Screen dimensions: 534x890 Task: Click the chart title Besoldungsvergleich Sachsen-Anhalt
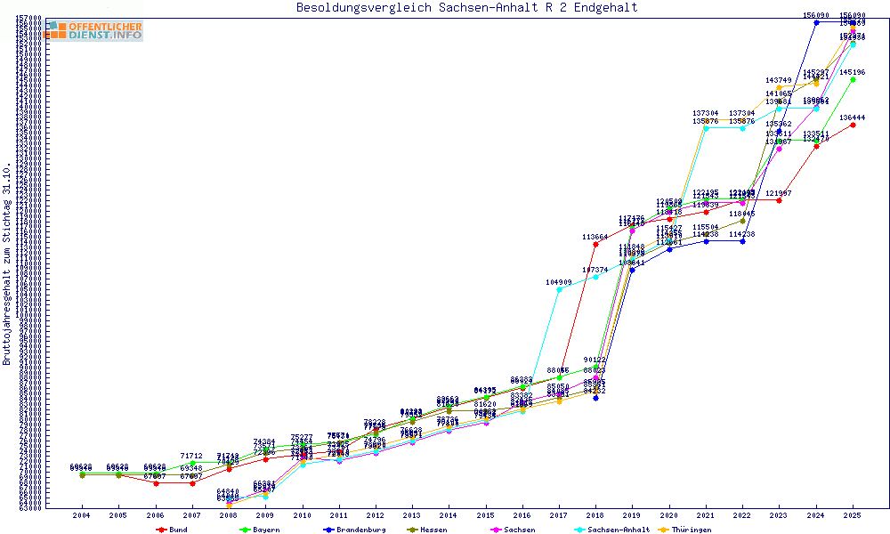pyautogui.click(x=466, y=8)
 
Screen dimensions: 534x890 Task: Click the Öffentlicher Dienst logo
pyautogui.click(x=94, y=31)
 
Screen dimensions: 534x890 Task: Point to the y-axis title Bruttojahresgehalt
pyautogui.click(x=7, y=264)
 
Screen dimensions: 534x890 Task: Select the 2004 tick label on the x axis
pyautogui.click(x=81, y=515)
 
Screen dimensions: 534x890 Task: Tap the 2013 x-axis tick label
pyautogui.click(x=412, y=515)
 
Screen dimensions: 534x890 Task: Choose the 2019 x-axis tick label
pyautogui.click(x=632, y=515)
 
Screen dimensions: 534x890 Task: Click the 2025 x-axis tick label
pyautogui.click(x=853, y=515)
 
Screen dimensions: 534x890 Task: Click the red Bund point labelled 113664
pyautogui.click(x=595, y=244)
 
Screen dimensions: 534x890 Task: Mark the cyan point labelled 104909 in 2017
pyautogui.click(x=559, y=289)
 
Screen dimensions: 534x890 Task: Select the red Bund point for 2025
pyautogui.click(x=853, y=125)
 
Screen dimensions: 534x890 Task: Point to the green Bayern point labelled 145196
pyautogui.click(x=853, y=79)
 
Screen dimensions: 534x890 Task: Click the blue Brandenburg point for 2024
pyautogui.click(x=816, y=21)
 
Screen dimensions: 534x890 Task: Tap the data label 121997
pyautogui.click(x=779, y=193)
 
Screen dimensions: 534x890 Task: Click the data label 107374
pyautogui.click(x=595, y=270)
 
